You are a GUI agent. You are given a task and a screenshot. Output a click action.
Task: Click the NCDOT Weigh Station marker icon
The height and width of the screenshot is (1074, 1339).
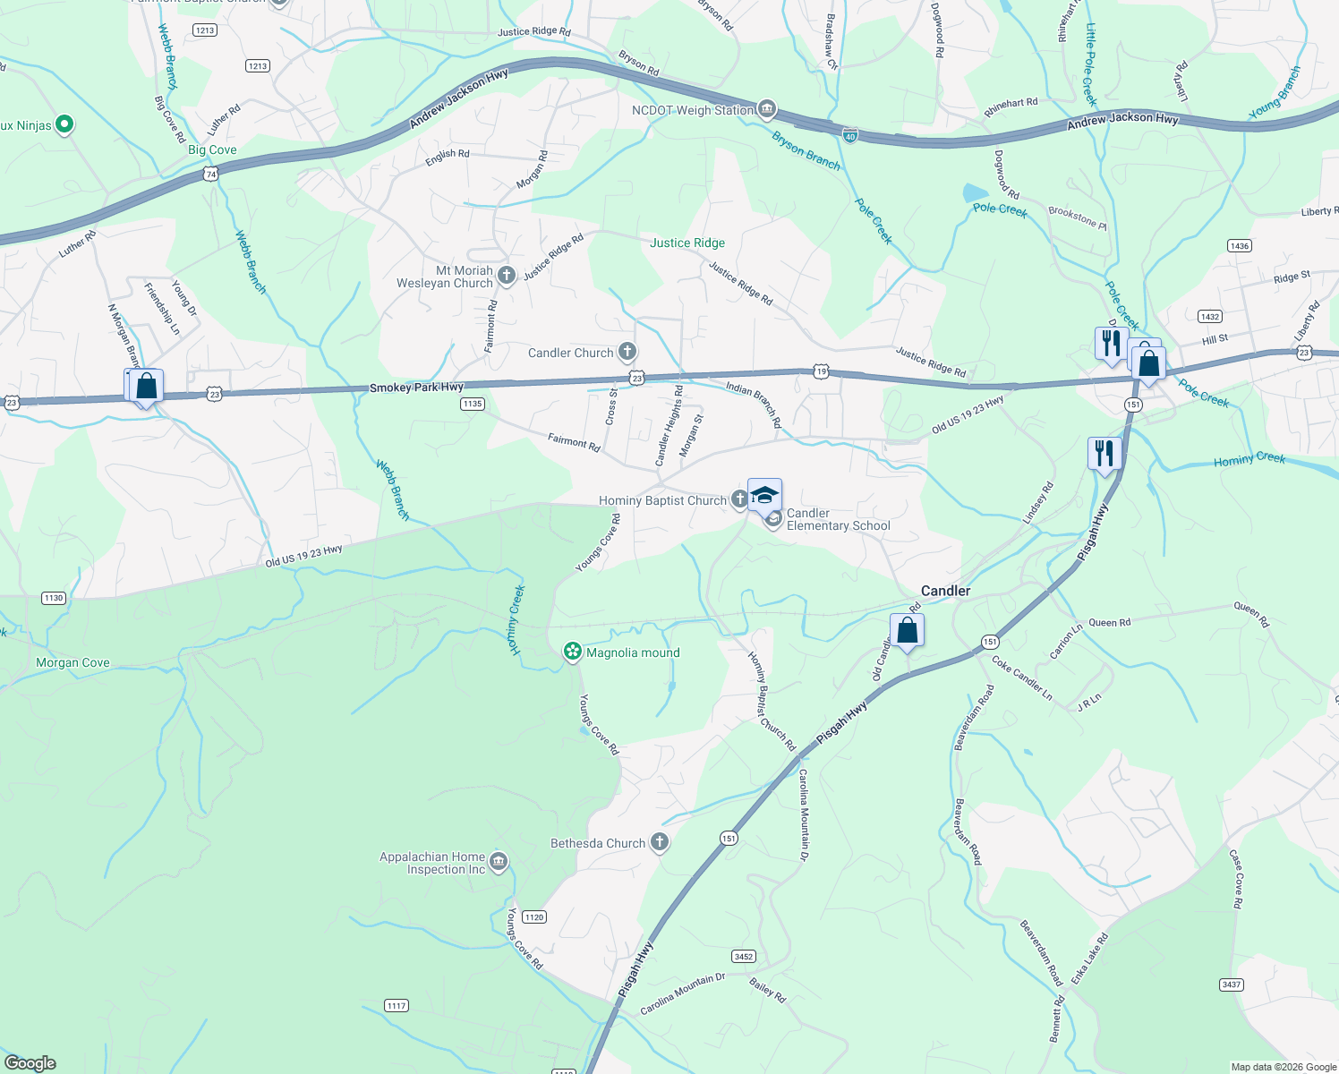[x=766, y=110]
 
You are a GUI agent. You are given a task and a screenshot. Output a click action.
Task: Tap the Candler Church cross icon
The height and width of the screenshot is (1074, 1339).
[x=627, y=352]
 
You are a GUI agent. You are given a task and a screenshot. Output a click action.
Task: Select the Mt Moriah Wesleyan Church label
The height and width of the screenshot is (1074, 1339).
[x=445, y=277]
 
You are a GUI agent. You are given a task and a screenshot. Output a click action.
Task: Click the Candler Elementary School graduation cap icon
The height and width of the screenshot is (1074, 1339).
[x=765, y=495]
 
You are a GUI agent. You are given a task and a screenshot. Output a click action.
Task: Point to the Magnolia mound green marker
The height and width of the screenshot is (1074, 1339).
[x=573, y=652]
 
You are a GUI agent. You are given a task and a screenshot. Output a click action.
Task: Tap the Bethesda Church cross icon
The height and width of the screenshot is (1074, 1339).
[x=660, y=842]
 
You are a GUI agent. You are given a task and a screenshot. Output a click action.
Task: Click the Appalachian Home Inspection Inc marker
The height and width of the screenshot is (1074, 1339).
[x=499, y=862]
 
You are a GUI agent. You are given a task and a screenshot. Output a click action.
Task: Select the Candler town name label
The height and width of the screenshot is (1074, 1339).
[x=945, y=591]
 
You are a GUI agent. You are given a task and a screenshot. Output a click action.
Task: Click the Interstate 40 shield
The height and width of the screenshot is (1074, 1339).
[x=850, y=135]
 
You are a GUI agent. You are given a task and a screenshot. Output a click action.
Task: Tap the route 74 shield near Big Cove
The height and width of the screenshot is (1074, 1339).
[x=210, y=175]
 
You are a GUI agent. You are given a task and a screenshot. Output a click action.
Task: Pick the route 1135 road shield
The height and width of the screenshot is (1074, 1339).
[x=473, y=404]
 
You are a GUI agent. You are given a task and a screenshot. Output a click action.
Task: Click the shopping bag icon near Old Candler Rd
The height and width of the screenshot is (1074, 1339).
[x=907, y=630]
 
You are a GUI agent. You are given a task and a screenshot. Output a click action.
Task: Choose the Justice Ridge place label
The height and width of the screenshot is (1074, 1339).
[x=687, y=243]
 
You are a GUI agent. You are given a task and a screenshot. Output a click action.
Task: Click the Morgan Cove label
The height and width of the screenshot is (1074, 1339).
[x=72, y=663]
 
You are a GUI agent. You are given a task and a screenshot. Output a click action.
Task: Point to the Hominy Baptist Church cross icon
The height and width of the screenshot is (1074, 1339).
[x=739, y=499]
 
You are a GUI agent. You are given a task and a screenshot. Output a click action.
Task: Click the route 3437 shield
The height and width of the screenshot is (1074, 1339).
[x=1232, y=984]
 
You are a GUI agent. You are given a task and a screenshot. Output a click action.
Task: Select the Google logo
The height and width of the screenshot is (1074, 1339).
[x=30, y=1063]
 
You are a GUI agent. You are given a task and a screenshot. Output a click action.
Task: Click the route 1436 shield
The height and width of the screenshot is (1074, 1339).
[x=1240, y=246]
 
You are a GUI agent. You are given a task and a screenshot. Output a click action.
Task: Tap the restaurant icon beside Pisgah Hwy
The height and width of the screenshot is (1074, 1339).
[x=1105, y=453]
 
